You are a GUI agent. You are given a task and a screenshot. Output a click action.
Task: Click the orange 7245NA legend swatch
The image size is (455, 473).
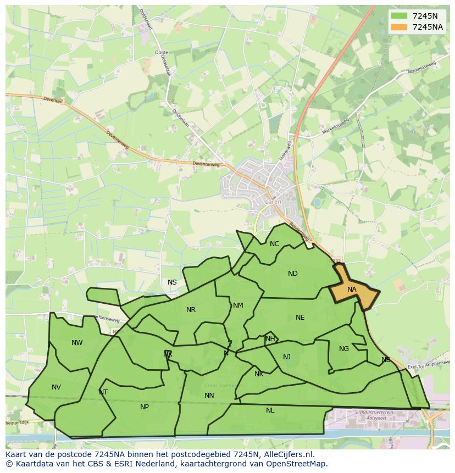400,27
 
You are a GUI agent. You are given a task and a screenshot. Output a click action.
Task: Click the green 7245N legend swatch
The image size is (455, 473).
400,16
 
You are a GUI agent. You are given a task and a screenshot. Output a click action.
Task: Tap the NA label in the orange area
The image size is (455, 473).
352,290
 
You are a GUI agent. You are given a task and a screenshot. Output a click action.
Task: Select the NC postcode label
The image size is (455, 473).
274,244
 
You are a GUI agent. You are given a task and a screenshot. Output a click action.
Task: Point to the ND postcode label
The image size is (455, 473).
292,274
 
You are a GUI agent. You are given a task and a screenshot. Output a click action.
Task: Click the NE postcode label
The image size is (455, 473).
299,318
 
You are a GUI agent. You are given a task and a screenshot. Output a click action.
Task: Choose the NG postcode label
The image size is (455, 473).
344,349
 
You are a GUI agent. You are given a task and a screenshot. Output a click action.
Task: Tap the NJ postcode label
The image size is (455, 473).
287,357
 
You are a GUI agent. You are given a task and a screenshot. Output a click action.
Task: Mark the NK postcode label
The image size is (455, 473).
259,374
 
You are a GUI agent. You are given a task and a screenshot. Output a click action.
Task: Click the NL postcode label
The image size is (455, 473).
270,410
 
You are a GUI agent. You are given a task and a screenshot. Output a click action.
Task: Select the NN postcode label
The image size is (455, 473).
209,396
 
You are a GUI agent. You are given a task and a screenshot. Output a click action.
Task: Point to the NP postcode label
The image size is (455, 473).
145,407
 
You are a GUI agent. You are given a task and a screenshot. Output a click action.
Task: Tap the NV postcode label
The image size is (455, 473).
56,387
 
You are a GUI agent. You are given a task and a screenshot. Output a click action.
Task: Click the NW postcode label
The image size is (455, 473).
77,343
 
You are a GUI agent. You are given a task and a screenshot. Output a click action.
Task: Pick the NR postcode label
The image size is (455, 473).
191,310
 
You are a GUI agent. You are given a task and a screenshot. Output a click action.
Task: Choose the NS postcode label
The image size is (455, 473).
172,282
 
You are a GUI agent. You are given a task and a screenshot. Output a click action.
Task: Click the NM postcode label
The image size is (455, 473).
238,305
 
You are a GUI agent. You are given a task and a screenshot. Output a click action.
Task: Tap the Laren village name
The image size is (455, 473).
273,202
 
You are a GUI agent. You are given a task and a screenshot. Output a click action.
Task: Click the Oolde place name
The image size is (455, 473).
162,53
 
